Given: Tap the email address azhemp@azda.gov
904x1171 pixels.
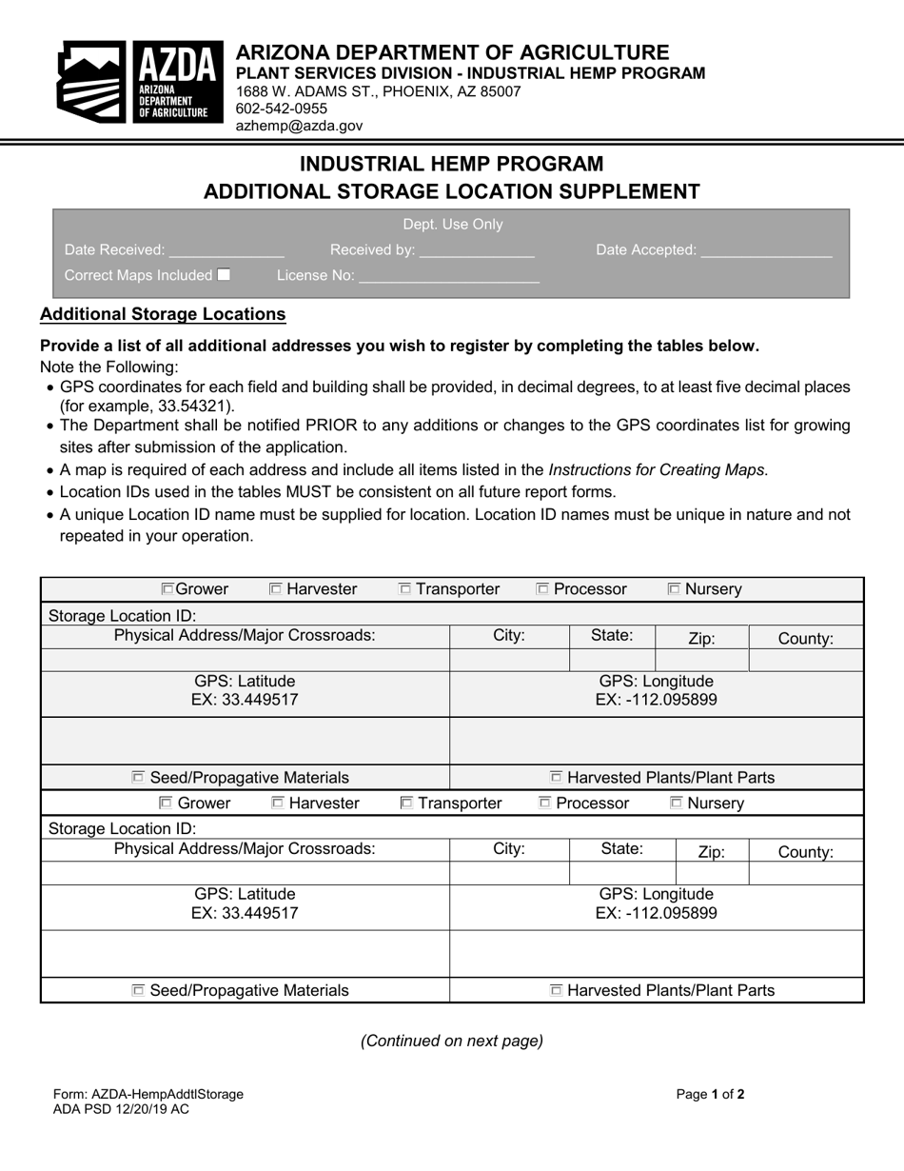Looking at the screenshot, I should pos(299,125).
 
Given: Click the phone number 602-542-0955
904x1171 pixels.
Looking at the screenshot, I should pos(281,109).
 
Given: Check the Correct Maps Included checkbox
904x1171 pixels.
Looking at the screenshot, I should pos(224,275).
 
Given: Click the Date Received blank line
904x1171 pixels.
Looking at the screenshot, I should pos(226,251).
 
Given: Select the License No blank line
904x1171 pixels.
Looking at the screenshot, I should pos(448,277).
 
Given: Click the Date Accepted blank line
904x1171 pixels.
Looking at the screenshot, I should pos(766,251).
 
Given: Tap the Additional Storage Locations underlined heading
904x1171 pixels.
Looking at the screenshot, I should pos(163,314).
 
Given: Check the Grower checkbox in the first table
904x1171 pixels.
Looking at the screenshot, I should pos(167,589).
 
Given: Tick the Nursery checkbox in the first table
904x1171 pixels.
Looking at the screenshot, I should pos(675,589).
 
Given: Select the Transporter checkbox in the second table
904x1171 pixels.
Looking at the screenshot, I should pos(406,804).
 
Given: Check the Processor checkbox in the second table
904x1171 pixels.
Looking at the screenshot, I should pos(545,804).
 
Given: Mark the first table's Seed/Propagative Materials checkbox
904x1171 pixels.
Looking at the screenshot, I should pos(138,778).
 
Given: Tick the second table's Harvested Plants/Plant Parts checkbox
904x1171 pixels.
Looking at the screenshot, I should pos(556,991).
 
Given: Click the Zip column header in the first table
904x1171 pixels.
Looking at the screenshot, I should pos(701,639).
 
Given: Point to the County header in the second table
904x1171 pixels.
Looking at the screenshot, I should pos(805,852).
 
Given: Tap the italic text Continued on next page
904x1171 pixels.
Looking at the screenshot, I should pos(452,1041).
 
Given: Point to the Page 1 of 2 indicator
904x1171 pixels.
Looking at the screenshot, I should pos(710,1094).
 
